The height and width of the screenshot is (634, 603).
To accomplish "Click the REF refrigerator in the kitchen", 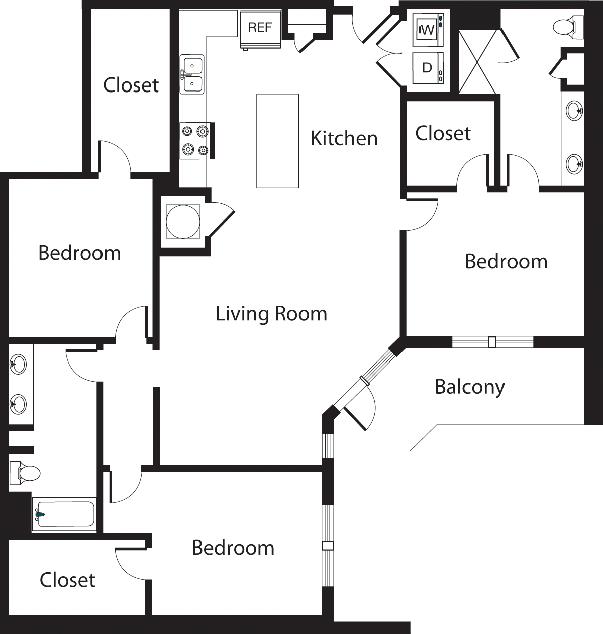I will tap(260, 29).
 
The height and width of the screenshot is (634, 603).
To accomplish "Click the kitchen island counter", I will tap(277, 141).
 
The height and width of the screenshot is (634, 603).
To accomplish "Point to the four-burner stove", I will tap(195, 140).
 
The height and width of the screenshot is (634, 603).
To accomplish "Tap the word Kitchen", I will tap(344, 138).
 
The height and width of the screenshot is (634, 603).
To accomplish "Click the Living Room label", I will tap(271, 314).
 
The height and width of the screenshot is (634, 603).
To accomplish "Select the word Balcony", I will tap(469, 387).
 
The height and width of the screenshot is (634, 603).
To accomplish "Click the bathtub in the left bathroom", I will tap(64, 514).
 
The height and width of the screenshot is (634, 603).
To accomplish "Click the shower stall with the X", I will tap(478, 61).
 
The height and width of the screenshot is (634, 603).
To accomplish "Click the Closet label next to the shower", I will tap(443, 133).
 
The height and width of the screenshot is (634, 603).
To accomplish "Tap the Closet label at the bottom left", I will tap(67, 580).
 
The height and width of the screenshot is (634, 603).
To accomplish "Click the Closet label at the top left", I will tap(131, 85).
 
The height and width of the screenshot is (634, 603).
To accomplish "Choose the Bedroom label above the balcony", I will tap(506, 261).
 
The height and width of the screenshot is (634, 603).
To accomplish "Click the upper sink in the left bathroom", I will tap(18, 364).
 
